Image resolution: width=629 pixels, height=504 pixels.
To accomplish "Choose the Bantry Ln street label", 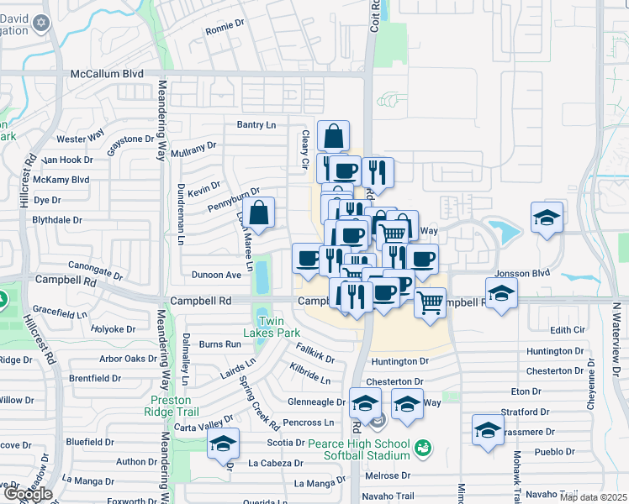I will [256, 125].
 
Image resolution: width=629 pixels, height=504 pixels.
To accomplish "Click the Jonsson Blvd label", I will [521, 273].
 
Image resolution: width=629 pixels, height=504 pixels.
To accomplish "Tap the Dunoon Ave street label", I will [216, 274].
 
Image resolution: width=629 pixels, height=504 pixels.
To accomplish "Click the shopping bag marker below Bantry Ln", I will [334, 135].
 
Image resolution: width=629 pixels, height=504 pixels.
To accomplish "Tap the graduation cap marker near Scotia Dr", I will [223, 444].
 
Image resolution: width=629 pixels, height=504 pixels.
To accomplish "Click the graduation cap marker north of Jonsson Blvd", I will [547, 218].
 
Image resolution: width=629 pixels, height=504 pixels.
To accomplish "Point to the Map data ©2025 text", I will [594, 497].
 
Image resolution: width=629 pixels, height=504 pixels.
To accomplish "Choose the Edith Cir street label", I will [566, 330].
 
